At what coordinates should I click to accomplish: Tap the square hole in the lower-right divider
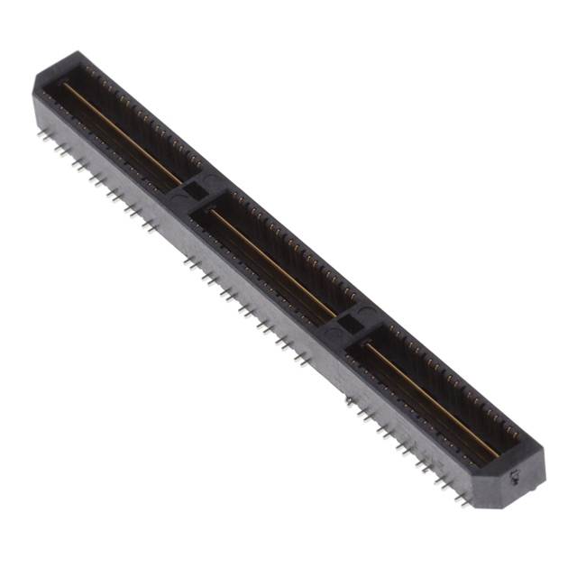pyautogui.click(x=350, y=323)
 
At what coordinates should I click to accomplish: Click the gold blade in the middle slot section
pyautogui.click(x=270, y=261)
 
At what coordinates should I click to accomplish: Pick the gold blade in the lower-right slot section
pyautogui.click(x=433, y=397)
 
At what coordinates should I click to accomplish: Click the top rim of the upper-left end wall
pyautogui.click(x=68, y=61)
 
